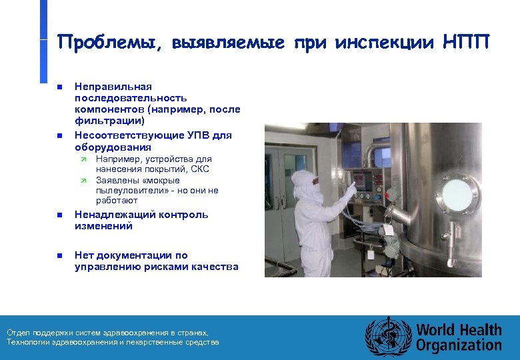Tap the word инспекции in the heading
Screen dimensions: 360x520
[383, 43]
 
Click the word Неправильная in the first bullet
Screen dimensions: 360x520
[113, 87]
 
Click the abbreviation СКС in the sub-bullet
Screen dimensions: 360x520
[199, 169]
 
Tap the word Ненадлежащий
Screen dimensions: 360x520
[108, 215]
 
